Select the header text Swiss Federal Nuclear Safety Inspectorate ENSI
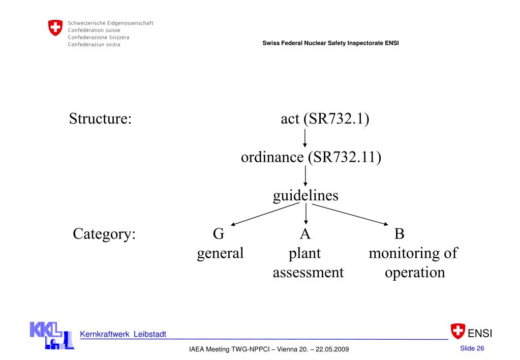click(x=330, y=42)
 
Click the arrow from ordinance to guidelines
click(x=305, y=176)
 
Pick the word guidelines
click(x=305, y=195)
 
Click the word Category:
click(x=104, y=234)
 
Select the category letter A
click(x=305, y=234)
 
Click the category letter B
click(x=400, y=234)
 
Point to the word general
click(x=221, y=253)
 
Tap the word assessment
click(x=308, y=272)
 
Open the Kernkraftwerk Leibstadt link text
click(x=123, y=334)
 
